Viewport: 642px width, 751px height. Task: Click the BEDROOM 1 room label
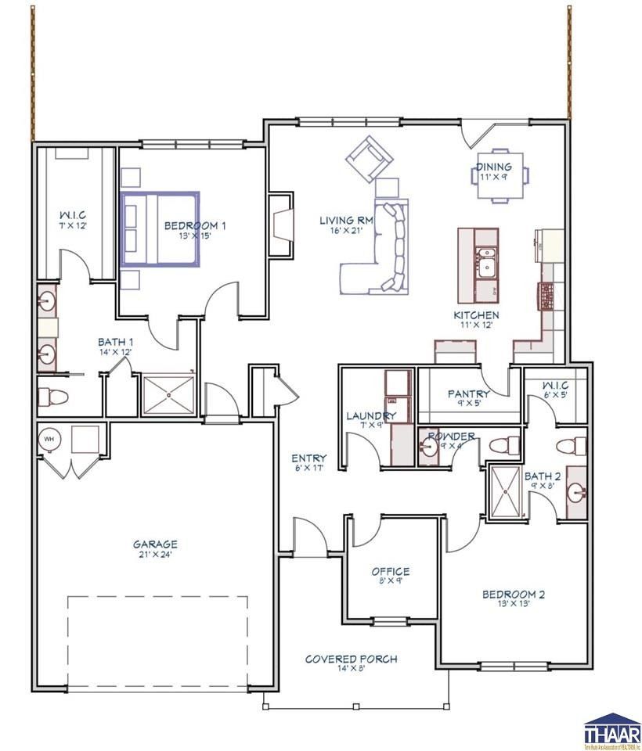[x=195, y=226]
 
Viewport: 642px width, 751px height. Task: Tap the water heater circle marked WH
[x=49, y=439]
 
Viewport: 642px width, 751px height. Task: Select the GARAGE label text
[x=154, y=544]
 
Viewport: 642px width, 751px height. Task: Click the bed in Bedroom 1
[x=160, y=228]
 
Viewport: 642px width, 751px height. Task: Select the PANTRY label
[x=468, y=394]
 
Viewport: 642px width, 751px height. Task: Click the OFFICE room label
[x=390, y=572]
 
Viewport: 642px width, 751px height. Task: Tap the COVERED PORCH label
[x=351, y=659]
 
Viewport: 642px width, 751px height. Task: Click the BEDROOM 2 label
[x=513, y=595]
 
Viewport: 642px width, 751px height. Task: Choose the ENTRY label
[x=308, y=458]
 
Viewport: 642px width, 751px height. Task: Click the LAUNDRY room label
[x=371, y=415]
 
